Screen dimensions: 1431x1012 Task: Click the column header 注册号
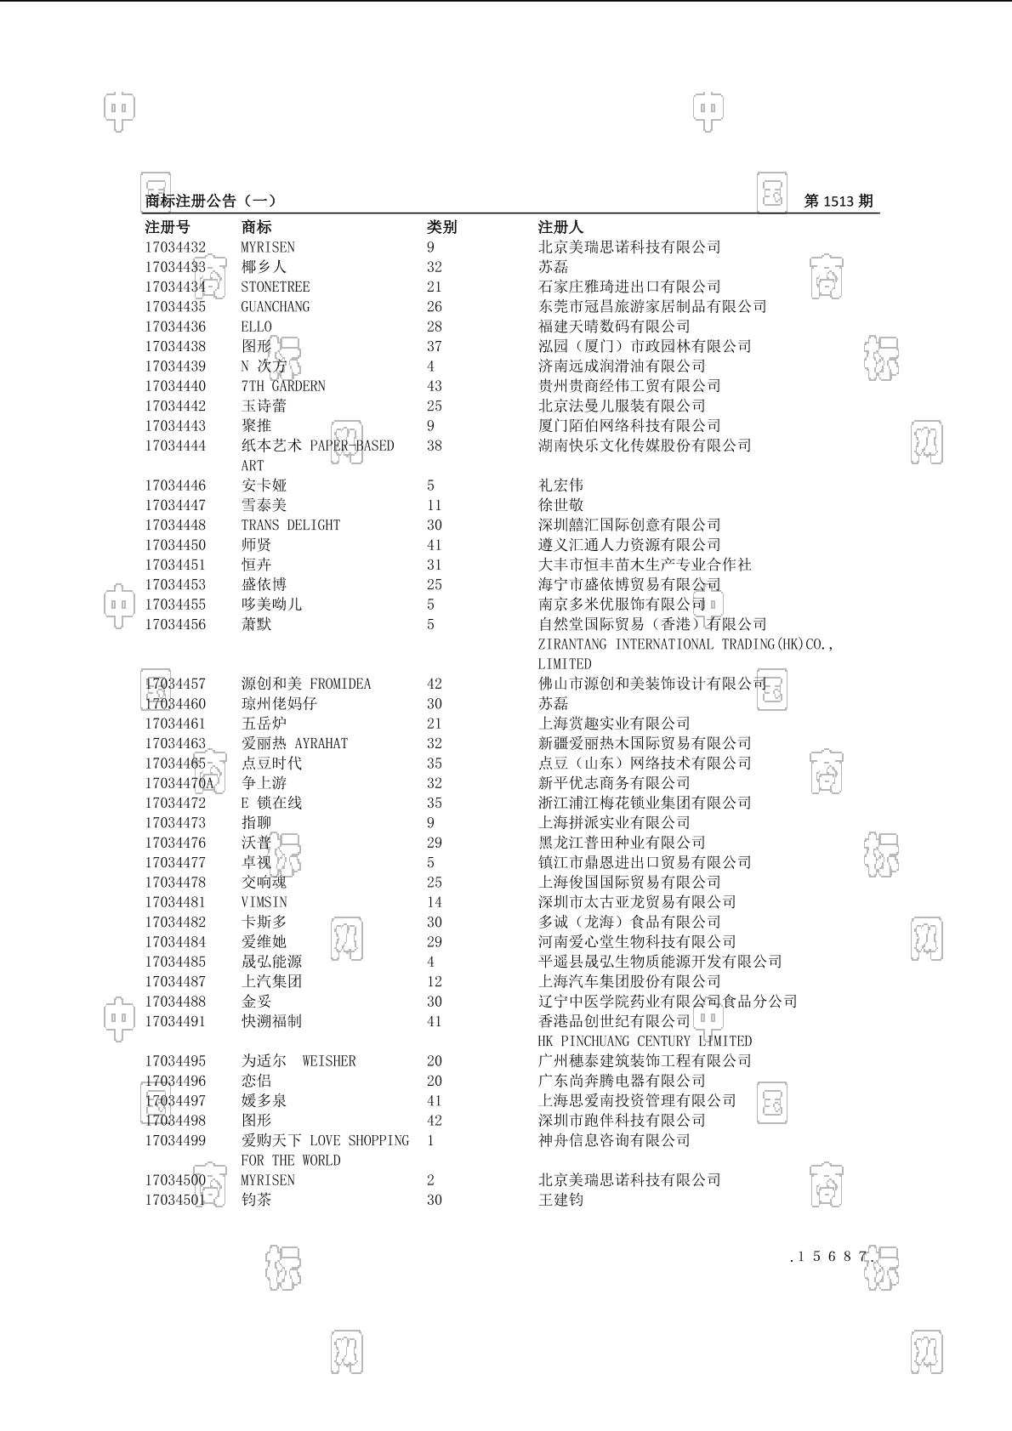[168, 227]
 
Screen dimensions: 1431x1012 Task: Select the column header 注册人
[560, 227]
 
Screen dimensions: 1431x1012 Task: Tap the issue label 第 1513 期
[838, 202]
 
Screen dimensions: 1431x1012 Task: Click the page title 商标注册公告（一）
[210, 202]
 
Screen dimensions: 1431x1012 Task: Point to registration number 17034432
[175, 247]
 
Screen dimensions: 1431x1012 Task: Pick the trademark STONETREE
[275, 287]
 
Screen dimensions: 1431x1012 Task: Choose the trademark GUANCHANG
[275, 307]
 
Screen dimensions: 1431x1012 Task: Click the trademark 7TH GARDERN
[282, 386]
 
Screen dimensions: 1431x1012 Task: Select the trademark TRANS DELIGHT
[290, 525]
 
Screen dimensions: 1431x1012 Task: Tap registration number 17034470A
[179, 783]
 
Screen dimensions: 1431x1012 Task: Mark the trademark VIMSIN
[264, 902]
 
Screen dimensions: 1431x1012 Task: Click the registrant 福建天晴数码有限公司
[614, 327]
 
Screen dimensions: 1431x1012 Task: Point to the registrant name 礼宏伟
[560, 486]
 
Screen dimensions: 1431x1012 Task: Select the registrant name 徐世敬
[560, 505]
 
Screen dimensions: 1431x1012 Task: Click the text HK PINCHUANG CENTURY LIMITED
[645, 1042]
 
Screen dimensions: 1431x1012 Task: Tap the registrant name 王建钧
[560, 1201]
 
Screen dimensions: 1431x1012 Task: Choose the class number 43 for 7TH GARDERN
[434, 386]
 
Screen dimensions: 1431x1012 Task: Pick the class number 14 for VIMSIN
[434, 902]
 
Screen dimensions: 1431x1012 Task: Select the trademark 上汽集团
[271, 982]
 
